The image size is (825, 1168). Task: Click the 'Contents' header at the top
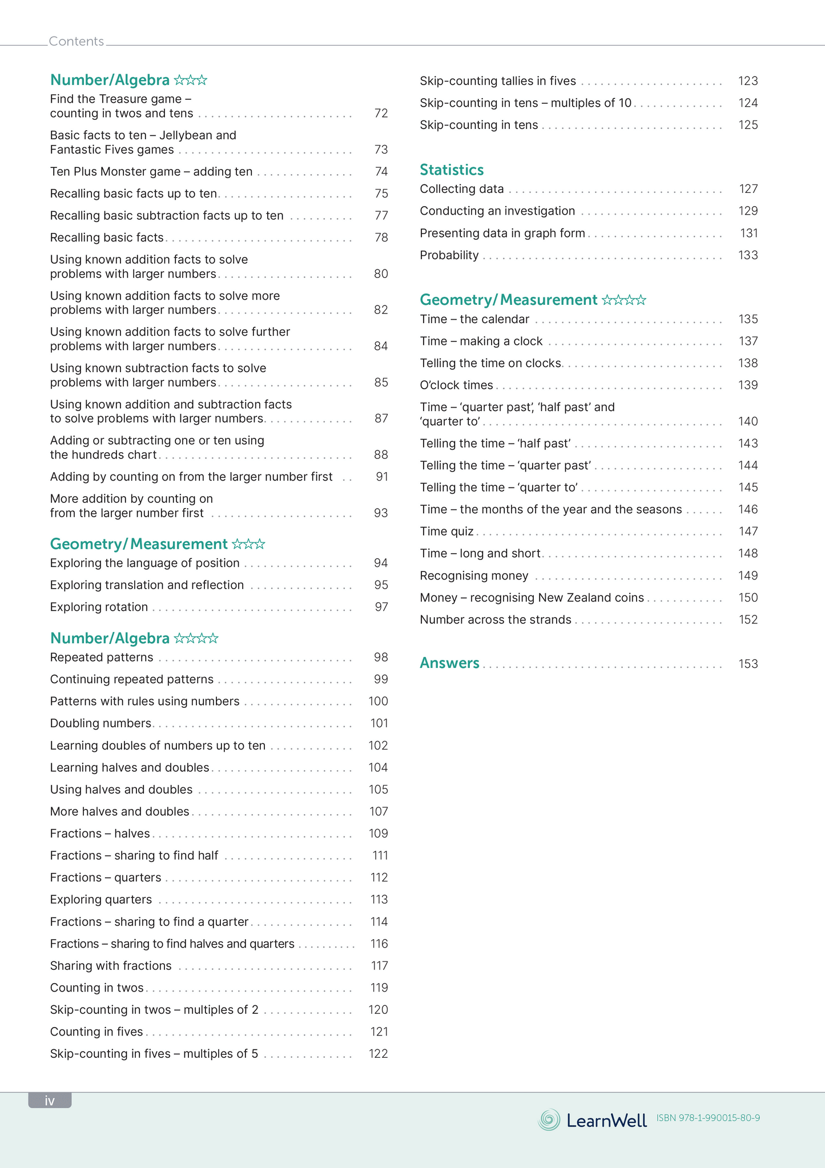click(76, 41)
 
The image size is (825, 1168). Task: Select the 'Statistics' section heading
click(452, 170)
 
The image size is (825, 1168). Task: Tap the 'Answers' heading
click(449, 663)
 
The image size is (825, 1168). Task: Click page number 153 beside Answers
click(748, 664)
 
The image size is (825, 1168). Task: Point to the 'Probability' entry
click(449, 255)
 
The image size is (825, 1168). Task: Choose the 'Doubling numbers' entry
click(100, 723)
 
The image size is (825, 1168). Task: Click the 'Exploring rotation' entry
click(99, 607)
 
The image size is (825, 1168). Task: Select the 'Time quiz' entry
click(446, 531)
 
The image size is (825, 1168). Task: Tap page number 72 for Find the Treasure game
click(381, 114)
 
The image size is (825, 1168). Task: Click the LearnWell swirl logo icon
click(549, 1119)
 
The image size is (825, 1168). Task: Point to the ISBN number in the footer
click(708, 1118)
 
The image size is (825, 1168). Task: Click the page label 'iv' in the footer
click(50, 1101)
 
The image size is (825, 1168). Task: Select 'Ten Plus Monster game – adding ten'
click(151, 172)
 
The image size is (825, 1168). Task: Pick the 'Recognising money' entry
click(474, 575)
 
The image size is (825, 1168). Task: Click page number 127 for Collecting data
click(748, 189)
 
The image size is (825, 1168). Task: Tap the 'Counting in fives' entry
click(96, 1032)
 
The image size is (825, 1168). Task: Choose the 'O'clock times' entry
click(456, 385)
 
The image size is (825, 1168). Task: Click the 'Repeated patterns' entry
click(102, 657)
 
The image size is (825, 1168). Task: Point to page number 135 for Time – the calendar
click(748, 319)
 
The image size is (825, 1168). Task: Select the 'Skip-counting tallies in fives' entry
click(498, 81)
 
